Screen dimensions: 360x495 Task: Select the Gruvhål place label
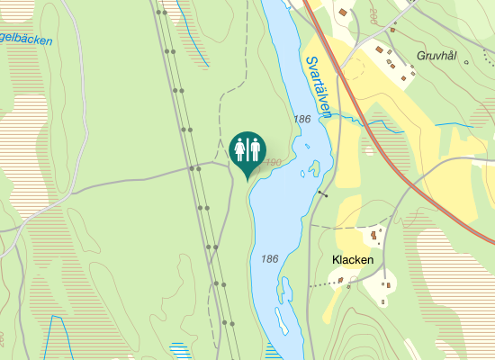437,56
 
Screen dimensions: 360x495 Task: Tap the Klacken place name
353,260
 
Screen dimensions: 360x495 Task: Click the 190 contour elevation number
274,162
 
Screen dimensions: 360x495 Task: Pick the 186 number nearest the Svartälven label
301,119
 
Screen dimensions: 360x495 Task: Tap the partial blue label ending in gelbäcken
25,40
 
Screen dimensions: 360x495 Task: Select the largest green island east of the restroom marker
315,166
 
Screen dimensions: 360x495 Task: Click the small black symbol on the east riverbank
323,193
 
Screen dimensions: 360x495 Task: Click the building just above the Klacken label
373,237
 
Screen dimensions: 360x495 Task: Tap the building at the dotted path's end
341,281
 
